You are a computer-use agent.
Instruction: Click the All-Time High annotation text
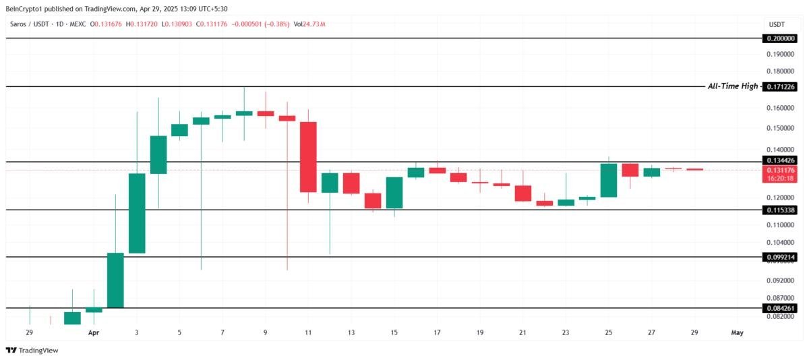click(732, 86)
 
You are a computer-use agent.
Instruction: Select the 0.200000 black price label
click(780, 38)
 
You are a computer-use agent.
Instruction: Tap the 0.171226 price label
click(780, 87)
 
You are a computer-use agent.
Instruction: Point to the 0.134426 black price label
click(780, 160)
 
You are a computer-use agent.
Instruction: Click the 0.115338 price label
click(780, 210)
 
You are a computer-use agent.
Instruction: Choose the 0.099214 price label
click(780, 257)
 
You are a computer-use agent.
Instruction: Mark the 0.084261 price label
click(780, 308)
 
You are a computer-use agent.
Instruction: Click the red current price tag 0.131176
click(780, 174)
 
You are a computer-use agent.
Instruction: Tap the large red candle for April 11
click(308, 157)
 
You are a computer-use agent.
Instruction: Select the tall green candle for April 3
click(137, 213)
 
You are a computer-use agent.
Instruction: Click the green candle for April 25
click(609, 181)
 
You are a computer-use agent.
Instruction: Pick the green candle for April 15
click(394, 193)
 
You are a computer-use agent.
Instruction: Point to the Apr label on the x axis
click(94, 332)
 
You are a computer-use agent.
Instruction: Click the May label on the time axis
click(737, 332)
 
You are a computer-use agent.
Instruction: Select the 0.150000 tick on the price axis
click(781, 128)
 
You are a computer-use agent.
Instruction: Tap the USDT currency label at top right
click(777, 24)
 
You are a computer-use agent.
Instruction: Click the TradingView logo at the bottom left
click(32, 351)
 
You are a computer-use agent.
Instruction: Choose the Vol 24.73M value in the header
click(309, 24)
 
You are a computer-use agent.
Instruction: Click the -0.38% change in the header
click(276, 24)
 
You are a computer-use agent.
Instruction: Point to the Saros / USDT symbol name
click(29, 24)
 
